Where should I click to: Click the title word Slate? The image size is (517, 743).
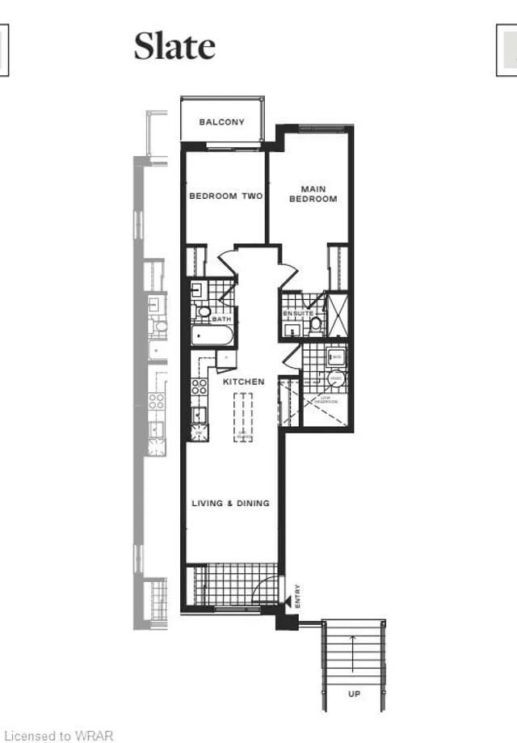coord(174,46)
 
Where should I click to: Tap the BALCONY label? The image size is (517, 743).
coord(221,122)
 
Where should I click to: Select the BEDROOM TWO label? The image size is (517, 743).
coord(225,196)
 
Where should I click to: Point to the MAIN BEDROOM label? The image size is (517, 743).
coord(313,193)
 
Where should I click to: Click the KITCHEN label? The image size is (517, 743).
coord(244,381)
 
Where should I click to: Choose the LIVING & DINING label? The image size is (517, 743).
coord(230,503)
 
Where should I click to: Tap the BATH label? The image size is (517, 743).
coord(221,319)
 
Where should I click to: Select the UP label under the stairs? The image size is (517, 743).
coord(354,694)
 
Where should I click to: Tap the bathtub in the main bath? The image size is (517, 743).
coord(212,335)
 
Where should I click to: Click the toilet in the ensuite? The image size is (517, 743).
coord(316,324)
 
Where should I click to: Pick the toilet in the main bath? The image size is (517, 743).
coord(204,312)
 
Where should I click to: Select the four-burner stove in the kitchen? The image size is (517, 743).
coord(199,387)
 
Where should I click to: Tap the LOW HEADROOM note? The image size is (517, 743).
coord(326,399)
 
